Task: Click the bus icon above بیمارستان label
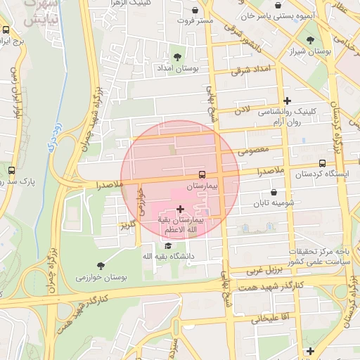coord(202,174)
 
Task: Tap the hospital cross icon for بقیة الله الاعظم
coord(181,209)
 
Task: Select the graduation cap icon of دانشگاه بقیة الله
coord(168,245)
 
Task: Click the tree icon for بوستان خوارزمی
coord(101,265)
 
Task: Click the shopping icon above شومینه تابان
coord(274,191)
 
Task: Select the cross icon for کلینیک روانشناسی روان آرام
coord(287,101)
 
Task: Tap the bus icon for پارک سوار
coord(11,169)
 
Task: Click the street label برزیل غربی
coord(263,270)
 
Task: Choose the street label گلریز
coord(127,225)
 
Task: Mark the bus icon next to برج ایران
coord(6,30)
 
